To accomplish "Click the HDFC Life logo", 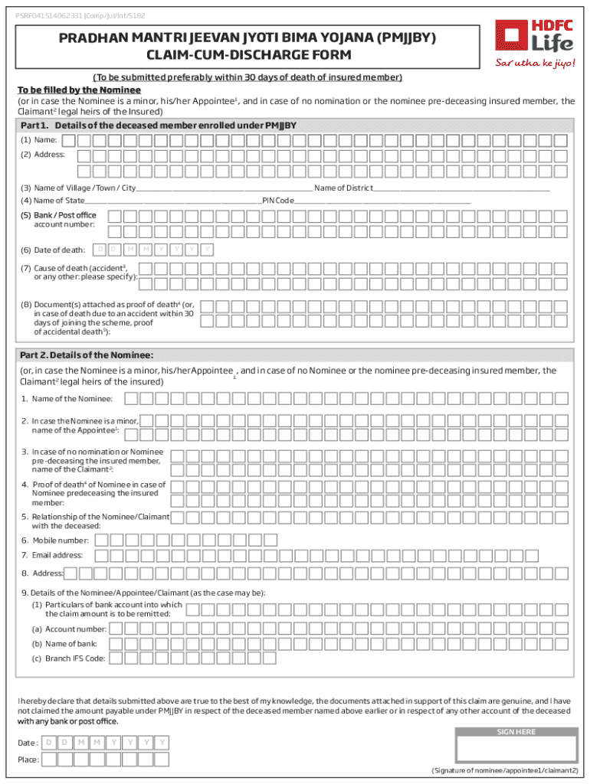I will point(533,34).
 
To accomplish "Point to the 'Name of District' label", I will point(343,188).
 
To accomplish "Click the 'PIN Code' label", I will point(278,201).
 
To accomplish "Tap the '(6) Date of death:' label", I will point(53,250).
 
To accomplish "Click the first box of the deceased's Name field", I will point(69,140).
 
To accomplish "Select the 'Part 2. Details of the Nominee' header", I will point(87,354).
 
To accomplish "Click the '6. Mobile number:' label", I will point(55,541).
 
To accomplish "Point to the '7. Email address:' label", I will point(52,555).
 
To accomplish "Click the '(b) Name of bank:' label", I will point(64,644).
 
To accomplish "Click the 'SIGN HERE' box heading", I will point(516,732).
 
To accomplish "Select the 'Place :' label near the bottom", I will point(28,759).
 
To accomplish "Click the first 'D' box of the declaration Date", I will point(48,743).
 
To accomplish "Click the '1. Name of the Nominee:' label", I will point(67,399).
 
